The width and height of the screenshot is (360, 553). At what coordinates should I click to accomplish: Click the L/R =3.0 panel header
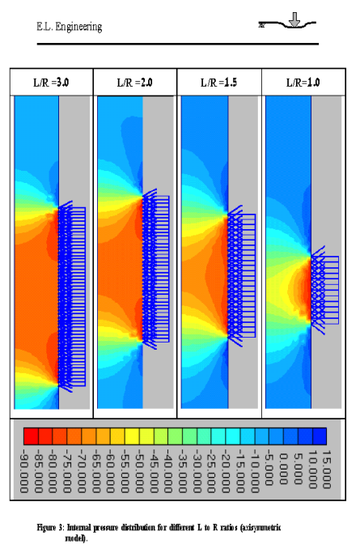51,83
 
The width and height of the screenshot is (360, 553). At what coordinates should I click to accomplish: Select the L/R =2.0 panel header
134,83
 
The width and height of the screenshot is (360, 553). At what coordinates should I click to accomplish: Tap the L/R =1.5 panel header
218,83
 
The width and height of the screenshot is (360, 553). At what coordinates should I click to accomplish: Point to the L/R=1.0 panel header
303,83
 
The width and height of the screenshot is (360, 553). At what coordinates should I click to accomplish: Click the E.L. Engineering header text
70,27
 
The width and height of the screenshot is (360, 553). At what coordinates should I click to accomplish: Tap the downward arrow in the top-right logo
294,19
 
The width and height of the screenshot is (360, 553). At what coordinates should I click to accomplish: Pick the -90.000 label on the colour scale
24,470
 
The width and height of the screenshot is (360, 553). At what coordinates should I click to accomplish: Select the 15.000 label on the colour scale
327,469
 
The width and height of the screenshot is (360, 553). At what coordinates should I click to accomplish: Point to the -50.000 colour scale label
139,470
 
